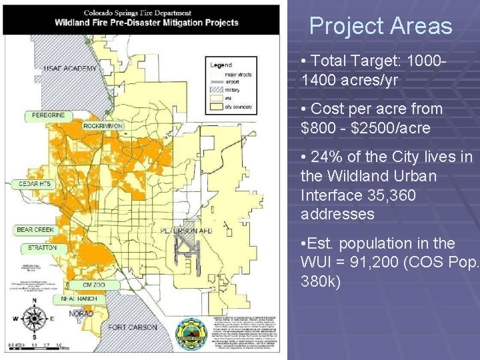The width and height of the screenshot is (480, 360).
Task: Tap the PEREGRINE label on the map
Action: pyautogui.click(x=48, y=115)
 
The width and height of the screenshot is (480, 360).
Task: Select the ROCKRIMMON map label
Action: pyautogui.click(x=103, y=125)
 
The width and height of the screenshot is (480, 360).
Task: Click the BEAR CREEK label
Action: pyautogui.click(x=35, y=230)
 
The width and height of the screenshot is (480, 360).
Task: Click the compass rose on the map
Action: pyautogui.click(x=34, y=319)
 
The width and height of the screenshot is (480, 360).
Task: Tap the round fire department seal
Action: pyautogui.click(x=191, y=333)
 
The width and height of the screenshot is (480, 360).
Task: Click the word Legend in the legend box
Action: pyautogui.click(x=221, y=65)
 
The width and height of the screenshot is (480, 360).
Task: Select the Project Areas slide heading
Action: pyautogui.click(x=380, y=26)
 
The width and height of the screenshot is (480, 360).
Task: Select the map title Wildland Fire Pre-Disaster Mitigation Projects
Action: pyautogui.click(x=146, y=23)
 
